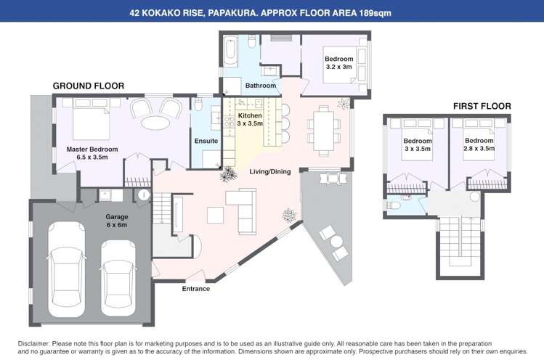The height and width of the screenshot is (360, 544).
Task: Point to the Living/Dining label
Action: click(270, 172)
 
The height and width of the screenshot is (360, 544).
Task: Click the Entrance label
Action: click(195, 289)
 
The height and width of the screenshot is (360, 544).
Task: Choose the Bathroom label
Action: click(260, 86)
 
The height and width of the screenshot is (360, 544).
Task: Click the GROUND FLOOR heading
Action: click(89, 86)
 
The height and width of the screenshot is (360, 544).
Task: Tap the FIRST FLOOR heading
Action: click(482, 106)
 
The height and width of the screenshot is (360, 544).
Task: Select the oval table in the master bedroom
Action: click(155, 123)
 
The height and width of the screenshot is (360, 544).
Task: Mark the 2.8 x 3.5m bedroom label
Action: click(479, 144)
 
